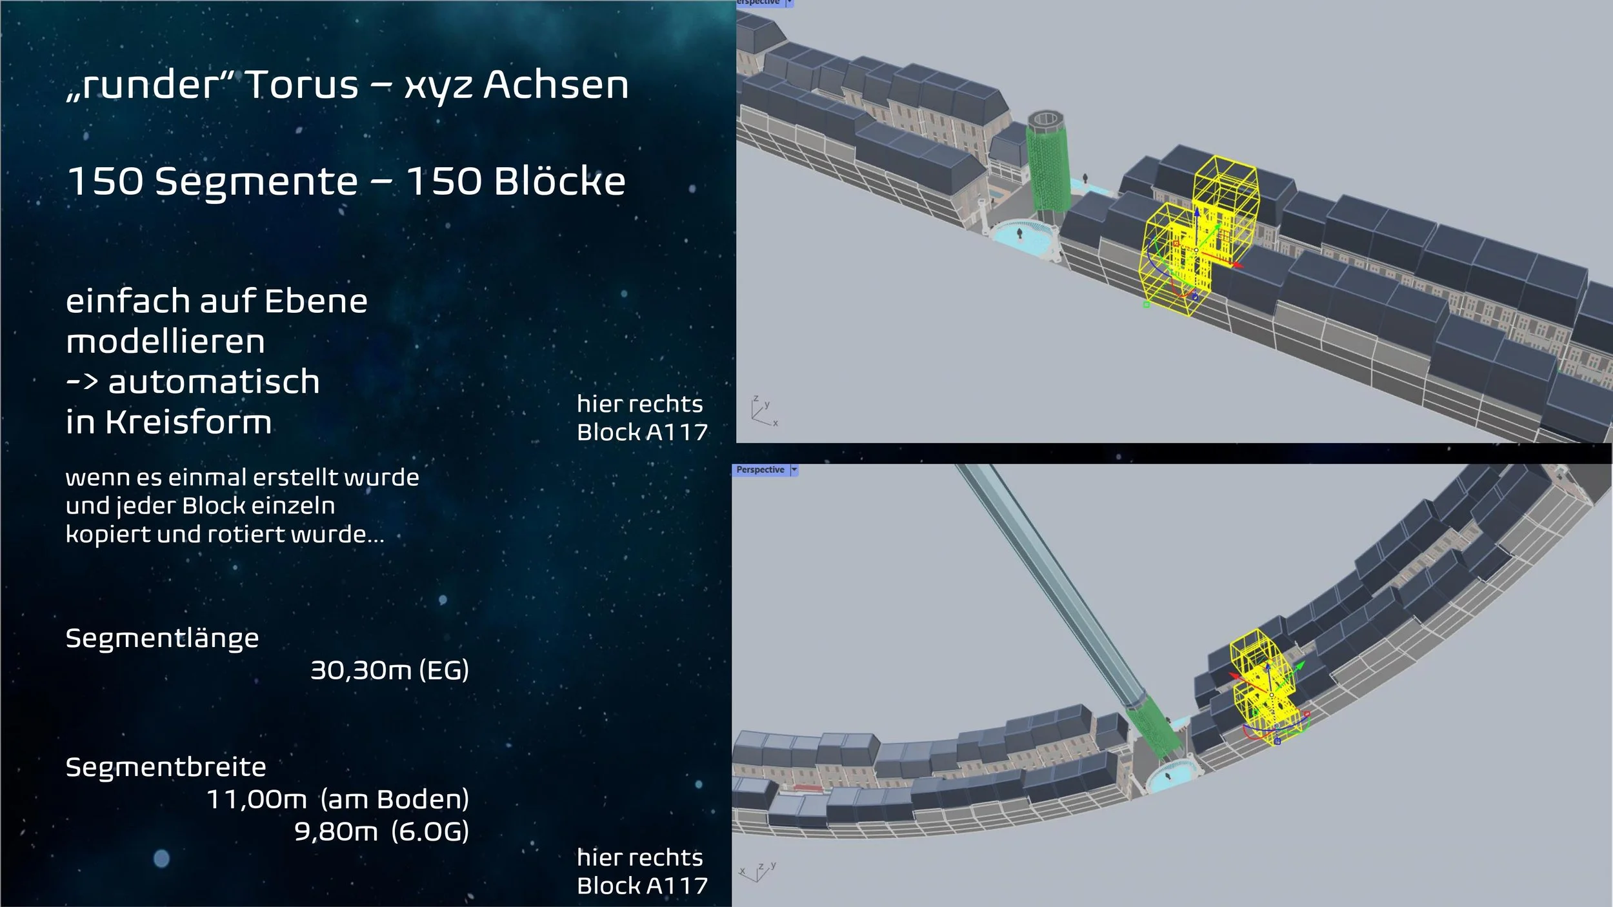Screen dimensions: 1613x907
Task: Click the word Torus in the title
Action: point(302,85)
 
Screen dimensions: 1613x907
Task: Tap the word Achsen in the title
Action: point(556,85)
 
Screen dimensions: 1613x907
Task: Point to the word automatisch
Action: point(214,381)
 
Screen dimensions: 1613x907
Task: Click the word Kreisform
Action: point(188,422)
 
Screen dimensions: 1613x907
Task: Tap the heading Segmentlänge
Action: point(162,639)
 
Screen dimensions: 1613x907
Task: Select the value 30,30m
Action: point(361,671)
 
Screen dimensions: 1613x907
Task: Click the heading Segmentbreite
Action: point(166,767)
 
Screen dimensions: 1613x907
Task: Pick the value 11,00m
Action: point(256,800)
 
